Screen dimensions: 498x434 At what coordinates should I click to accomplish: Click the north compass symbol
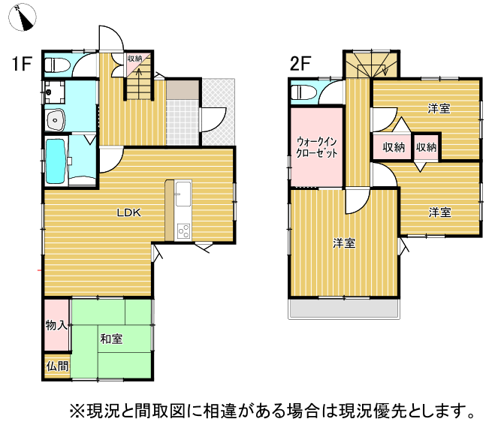click(23, 17)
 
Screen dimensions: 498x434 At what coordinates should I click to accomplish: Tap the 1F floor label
click(22, 63)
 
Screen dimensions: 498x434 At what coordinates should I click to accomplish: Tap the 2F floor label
click(300, 63)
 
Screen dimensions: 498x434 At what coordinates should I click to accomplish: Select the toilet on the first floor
click(57, 65)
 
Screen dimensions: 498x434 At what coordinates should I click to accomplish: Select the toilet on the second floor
click(303, 92)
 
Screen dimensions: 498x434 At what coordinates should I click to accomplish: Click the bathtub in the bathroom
click(56, 161)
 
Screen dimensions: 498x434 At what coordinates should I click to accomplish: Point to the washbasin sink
click(56, 120)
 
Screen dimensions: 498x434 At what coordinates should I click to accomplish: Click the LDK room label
click(128, 212)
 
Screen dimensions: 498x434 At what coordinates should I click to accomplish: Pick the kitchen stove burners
click(183, 231)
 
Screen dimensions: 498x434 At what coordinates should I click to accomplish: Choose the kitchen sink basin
click(183, 194)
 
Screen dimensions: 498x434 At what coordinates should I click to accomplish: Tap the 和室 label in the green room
click(111, 339)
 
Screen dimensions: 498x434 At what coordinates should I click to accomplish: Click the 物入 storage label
click(56, 325)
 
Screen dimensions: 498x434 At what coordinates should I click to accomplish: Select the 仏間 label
click(57, 366)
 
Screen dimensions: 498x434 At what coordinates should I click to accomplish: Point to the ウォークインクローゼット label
click(316, 147)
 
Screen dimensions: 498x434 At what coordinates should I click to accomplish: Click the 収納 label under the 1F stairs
click(134, 59)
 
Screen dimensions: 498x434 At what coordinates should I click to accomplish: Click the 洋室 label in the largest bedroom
click(344, 243)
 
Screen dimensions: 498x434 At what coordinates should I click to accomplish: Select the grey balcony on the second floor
click(344, 309)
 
